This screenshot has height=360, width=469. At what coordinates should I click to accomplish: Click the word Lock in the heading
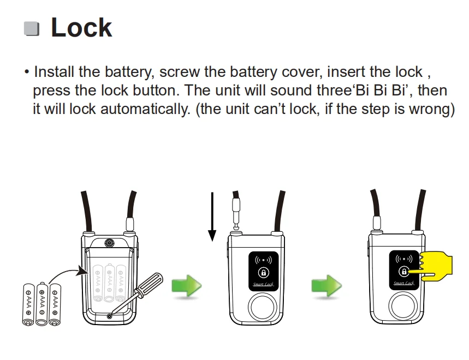81,28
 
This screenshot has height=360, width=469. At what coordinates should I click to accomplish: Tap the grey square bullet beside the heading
32,29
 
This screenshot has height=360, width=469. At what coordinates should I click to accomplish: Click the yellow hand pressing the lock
437,266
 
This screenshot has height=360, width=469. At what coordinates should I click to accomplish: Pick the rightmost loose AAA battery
55,304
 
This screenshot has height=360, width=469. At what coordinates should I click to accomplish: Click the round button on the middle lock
264,309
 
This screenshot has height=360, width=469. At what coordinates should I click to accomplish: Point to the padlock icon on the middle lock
264,272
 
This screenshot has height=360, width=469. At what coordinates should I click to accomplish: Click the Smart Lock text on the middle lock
264,284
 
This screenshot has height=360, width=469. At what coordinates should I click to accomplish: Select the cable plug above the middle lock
236,210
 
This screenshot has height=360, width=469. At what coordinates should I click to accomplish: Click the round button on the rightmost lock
403,309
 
